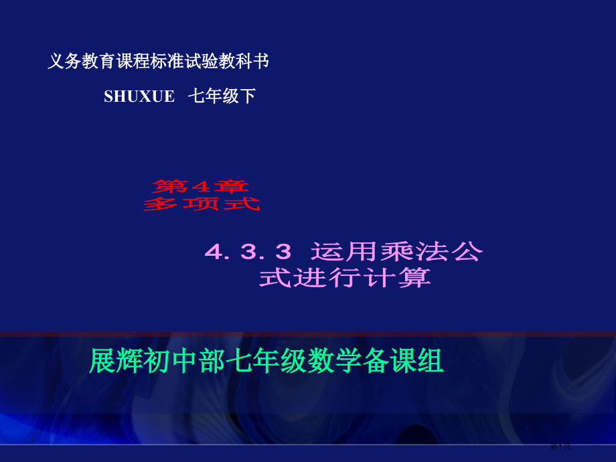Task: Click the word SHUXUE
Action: (139, 96)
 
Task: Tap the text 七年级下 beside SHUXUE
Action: (222, 96)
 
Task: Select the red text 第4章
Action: (201, 185)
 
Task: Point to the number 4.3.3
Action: (248, 252)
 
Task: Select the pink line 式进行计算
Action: (345, 277)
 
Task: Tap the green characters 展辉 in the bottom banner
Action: (109, 362)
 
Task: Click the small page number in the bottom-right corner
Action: (560, 447)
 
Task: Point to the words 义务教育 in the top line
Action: (82, 62)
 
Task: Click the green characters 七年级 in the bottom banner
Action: (268, 362)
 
